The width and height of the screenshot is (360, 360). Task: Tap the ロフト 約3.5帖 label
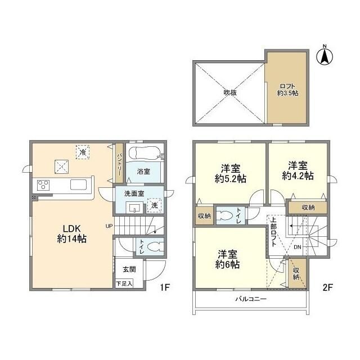click(x=287, y=90)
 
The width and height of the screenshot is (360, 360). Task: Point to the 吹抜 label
click(x=230, y=92)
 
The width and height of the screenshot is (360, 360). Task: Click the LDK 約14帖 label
click(x=71, y=234)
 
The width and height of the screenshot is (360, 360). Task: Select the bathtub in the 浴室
click(x=144, y=152)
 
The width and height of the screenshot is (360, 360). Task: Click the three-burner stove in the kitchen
click(x=43, y=185)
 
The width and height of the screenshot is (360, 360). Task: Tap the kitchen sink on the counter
click(x=79, y=185)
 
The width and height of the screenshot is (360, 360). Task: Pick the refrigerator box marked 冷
click(x=83, y=152)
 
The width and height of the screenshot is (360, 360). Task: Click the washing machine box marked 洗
click(x=154, y=205)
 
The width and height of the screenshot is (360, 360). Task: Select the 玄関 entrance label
click(x=129, y=269)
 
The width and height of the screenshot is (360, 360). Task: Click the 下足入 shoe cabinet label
click(x=124, y=283)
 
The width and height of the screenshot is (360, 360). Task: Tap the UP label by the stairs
click(x=109, y=226)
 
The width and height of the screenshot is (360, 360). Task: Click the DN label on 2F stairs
click(x=298, y=247)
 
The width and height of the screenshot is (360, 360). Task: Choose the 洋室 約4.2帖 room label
click(x=298, y=171)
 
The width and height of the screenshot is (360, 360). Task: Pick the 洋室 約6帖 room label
click(x=227, y=259)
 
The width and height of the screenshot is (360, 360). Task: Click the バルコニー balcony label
click(x=251, y=299)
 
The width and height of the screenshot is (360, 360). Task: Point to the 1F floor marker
click(x=165, y=287)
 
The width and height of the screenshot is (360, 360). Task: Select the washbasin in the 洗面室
click(x=134, y=208)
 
